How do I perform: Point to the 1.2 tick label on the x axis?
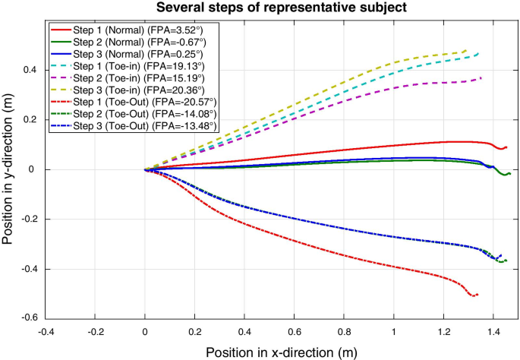[443, 330]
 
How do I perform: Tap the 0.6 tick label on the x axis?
[295, 330]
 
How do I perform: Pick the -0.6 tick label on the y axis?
[30, 319]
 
